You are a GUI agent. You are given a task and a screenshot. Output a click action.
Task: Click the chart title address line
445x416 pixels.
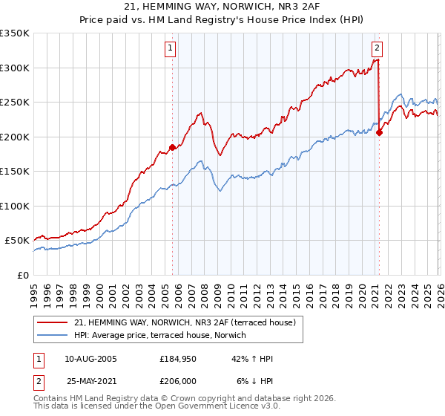222,7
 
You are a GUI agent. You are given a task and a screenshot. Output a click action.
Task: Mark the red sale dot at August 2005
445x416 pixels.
172,147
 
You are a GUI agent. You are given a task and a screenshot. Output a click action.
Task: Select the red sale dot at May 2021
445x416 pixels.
379,133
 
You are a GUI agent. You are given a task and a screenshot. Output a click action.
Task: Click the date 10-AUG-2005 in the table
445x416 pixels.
90,359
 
